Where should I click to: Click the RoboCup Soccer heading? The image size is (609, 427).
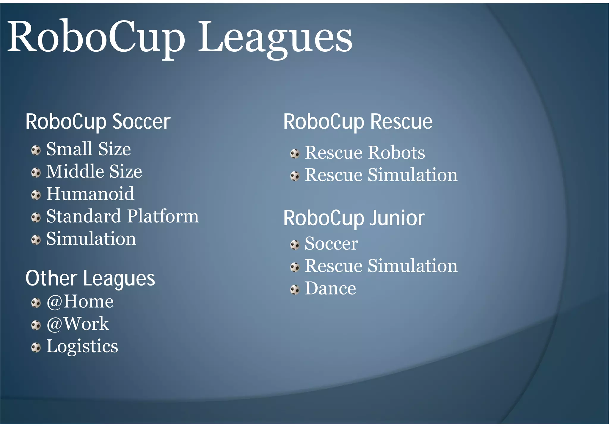click(98, 122)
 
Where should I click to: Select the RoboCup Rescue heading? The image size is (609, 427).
click(358, 122)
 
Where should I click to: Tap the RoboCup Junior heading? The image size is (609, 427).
click(354, 218)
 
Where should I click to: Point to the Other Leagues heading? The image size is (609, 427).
click(90, 278)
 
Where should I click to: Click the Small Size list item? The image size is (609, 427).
click(88, 149)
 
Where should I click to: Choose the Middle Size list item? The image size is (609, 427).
click(94, 171)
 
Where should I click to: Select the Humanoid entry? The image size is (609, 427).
click(90, 194)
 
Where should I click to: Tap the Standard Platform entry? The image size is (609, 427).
click(122, 216)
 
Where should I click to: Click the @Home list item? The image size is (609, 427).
click(80, 302)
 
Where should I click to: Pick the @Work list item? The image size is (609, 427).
click(78, 324)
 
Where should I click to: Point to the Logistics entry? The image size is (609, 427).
click(82, 346)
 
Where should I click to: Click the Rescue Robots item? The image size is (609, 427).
click(365, 152)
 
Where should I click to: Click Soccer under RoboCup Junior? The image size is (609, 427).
click(331, 244)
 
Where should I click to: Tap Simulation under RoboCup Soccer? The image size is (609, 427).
click(91, 239)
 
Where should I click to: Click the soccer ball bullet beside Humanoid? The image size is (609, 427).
click(36, 195)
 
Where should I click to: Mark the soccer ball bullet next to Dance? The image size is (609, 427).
click(295, 290)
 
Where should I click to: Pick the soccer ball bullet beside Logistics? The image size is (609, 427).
click(36, 347)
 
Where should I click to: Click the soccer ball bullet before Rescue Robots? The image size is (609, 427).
click(295, 154)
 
